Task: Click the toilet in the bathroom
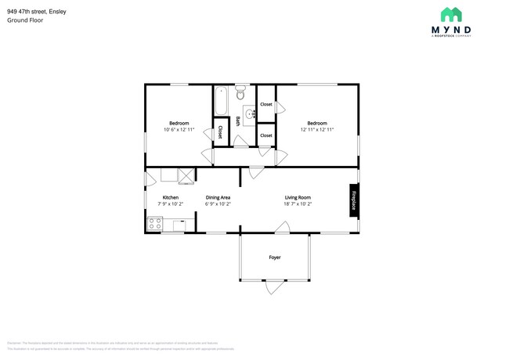click(240, 92)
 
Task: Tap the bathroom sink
click(250, 114)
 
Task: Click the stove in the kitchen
click(155, 225)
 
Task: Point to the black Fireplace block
click(353, 200)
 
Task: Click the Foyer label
click(275, 257)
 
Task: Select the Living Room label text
click(298, 197)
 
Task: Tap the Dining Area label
click(218, 197)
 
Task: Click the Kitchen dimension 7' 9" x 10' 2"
click(171, 204)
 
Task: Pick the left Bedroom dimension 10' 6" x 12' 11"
click(179, 130)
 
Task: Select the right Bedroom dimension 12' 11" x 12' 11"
click(316, 130)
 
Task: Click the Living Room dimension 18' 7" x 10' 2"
click(298, 204)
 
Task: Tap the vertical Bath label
click(238, 122)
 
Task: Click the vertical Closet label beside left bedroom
click(220, 131)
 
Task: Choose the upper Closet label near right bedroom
click(266, 104)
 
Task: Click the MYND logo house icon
click(450, 14)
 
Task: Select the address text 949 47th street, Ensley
click(38, 11)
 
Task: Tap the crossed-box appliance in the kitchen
click(186, 175)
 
